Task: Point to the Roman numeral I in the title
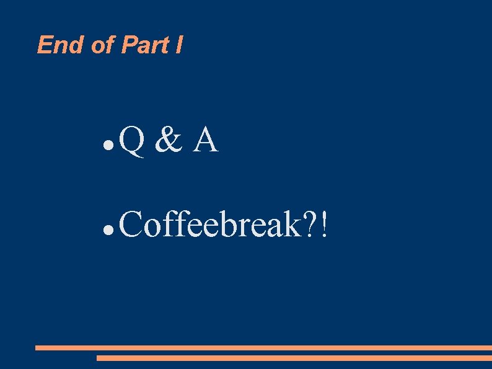click(x=179, y=45)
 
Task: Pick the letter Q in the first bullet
click(x=132, y=140)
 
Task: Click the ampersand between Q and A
click(x=169, y=140)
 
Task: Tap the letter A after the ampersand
click(x=206, y=140)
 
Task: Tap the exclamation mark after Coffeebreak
click(x=325, y=224)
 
